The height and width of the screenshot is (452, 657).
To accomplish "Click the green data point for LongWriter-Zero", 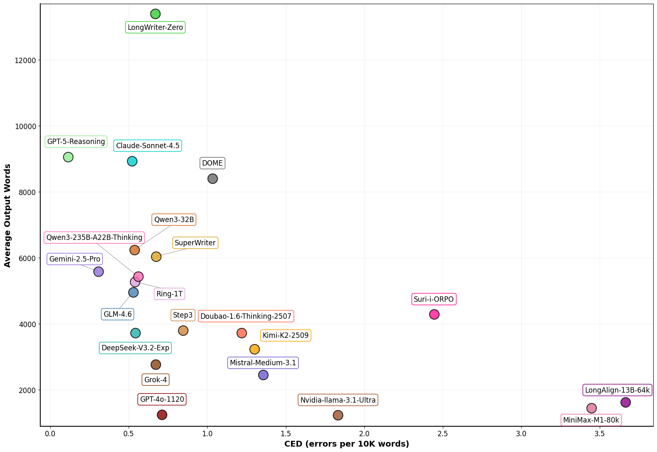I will pyautogui.click(x=155, y=14).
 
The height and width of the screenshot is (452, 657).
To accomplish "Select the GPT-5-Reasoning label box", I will pyautogui.click(x=76, y=142).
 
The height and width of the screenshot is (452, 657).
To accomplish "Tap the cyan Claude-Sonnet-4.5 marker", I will pyautogui.click(x=132, y=161).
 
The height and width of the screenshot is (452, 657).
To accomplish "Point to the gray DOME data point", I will pyautogui.click(x=212, y=178).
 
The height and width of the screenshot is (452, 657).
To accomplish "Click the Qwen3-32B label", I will pyautogui.click(x=174, y=220).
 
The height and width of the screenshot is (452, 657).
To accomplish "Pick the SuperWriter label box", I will pyautogui.click(x=195, y=243).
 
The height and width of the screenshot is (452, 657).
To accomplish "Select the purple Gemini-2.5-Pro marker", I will pyautogui.click(x=98, y=271).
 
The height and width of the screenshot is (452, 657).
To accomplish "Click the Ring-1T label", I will pyautogui.click(x=169, y=294).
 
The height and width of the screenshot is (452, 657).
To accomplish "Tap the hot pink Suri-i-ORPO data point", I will pyautogui.click(x=434, y=314).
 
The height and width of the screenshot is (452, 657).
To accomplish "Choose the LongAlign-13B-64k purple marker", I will pyautogui.click(x=625, y=402).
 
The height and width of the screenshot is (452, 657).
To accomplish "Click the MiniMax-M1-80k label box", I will pyautogui.click(x=591, y=420).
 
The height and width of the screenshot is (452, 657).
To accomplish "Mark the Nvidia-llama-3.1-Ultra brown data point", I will pyautogui.click(x=338, y=415).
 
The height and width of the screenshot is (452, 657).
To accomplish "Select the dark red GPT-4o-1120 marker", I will pyautogui.click(x=162, y=415).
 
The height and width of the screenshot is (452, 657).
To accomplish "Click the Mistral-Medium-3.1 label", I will pyautogui.click(x=263, y=363).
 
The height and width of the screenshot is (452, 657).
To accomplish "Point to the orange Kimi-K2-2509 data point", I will pyautogui.click(x=254, y=349).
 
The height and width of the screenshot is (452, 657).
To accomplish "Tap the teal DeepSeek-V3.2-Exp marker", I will pyautogui.click(x=135, y=333).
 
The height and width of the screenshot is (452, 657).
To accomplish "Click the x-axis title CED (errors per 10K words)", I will pyautogui.click(x=347, y=444).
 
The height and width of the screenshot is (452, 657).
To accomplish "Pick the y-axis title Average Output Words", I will pyautogui.click(x=7, y=215).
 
